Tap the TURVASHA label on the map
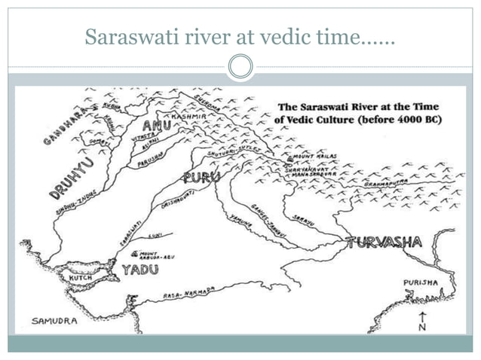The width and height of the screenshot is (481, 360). [384, 243]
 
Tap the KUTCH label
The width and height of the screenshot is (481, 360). [81, 277]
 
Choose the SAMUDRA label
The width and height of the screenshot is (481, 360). [54, 321]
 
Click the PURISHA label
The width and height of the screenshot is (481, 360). [420, 282]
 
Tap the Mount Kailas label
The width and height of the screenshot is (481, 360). [313, 157]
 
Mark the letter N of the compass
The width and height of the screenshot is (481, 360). [423, 328]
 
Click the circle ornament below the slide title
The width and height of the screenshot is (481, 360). [240, 68]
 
